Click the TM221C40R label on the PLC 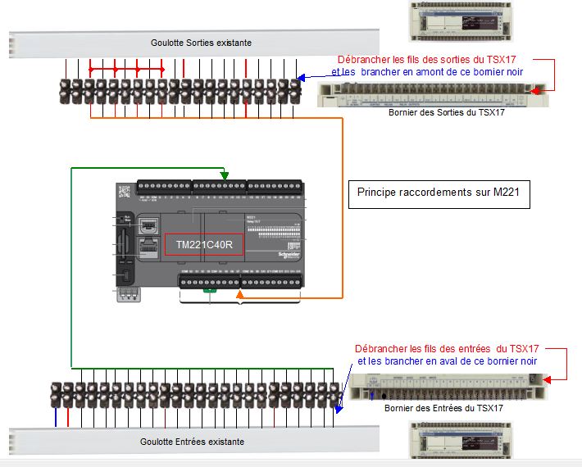pyautogui.click(x=204, y=244)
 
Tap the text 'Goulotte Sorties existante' pyautogui.click(x=201, y=43)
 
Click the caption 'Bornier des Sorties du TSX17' pyautogui.click(x=446, y=112)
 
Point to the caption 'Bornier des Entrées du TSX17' pyautogui.click(x=443, y=407)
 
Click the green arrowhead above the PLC pyautogui.click(x=225, y=175)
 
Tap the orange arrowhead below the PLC pyautogui.click(x=239, y=294)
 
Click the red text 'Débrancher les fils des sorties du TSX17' pyautogui.click(x=430, y=60)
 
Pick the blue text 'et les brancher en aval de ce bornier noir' pyautogui.click(x=448, y=360)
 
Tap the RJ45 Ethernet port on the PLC pyautogui.click(x=148, y=246)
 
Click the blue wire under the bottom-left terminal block pyautogui.click(x=56, y=418)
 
